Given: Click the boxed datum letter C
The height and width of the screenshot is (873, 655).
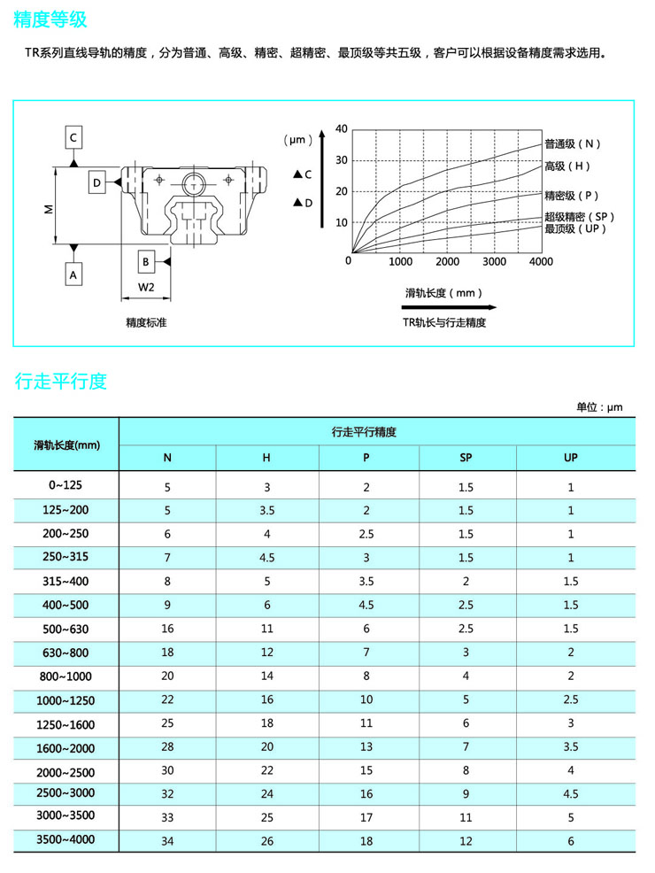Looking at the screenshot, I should click(74, 138).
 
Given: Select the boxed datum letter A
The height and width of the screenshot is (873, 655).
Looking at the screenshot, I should click(74, 275).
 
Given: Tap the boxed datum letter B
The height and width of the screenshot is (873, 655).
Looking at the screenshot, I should click(145, 261).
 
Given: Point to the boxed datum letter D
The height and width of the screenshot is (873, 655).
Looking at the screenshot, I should click(96, 182).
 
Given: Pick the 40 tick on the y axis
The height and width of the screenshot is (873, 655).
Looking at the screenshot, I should click(342, 129).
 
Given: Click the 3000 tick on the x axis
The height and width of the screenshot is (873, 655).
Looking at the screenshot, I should click(494, 261).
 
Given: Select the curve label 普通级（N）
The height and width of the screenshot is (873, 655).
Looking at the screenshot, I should click(573, 143).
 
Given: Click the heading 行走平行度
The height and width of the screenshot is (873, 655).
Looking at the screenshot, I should click(61, 382).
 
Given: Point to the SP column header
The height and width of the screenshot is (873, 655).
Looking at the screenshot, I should click(466, 458).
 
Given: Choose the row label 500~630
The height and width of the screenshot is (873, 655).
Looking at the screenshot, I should click(66, 629).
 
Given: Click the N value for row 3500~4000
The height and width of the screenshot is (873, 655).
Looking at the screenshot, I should click(167, 840).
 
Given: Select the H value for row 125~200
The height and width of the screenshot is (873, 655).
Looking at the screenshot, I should click(266, 511).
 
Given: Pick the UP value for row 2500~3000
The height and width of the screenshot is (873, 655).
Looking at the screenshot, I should click(571, 793).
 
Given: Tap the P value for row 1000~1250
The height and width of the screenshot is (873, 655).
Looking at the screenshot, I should click(366, 699).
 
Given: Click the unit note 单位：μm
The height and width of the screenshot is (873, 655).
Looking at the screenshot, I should click(599, 407).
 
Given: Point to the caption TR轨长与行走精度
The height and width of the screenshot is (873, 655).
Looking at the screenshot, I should click(444, 323).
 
